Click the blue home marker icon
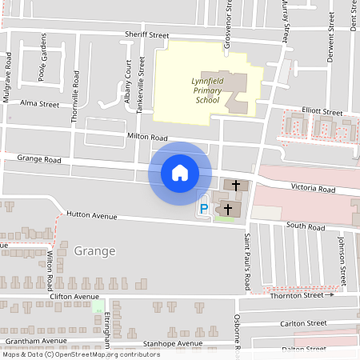coord(180,173)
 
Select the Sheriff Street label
coord(146,35)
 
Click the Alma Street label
coord(40,104)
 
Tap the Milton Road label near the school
coord(146,138)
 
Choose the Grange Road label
coord(39,160)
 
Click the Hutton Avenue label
coord(91,216)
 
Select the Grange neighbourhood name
coord(94,250)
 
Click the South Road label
coord(306,228)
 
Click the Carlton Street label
coord(304,323)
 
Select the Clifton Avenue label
coord(74,296)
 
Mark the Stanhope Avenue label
coord(169,343)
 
